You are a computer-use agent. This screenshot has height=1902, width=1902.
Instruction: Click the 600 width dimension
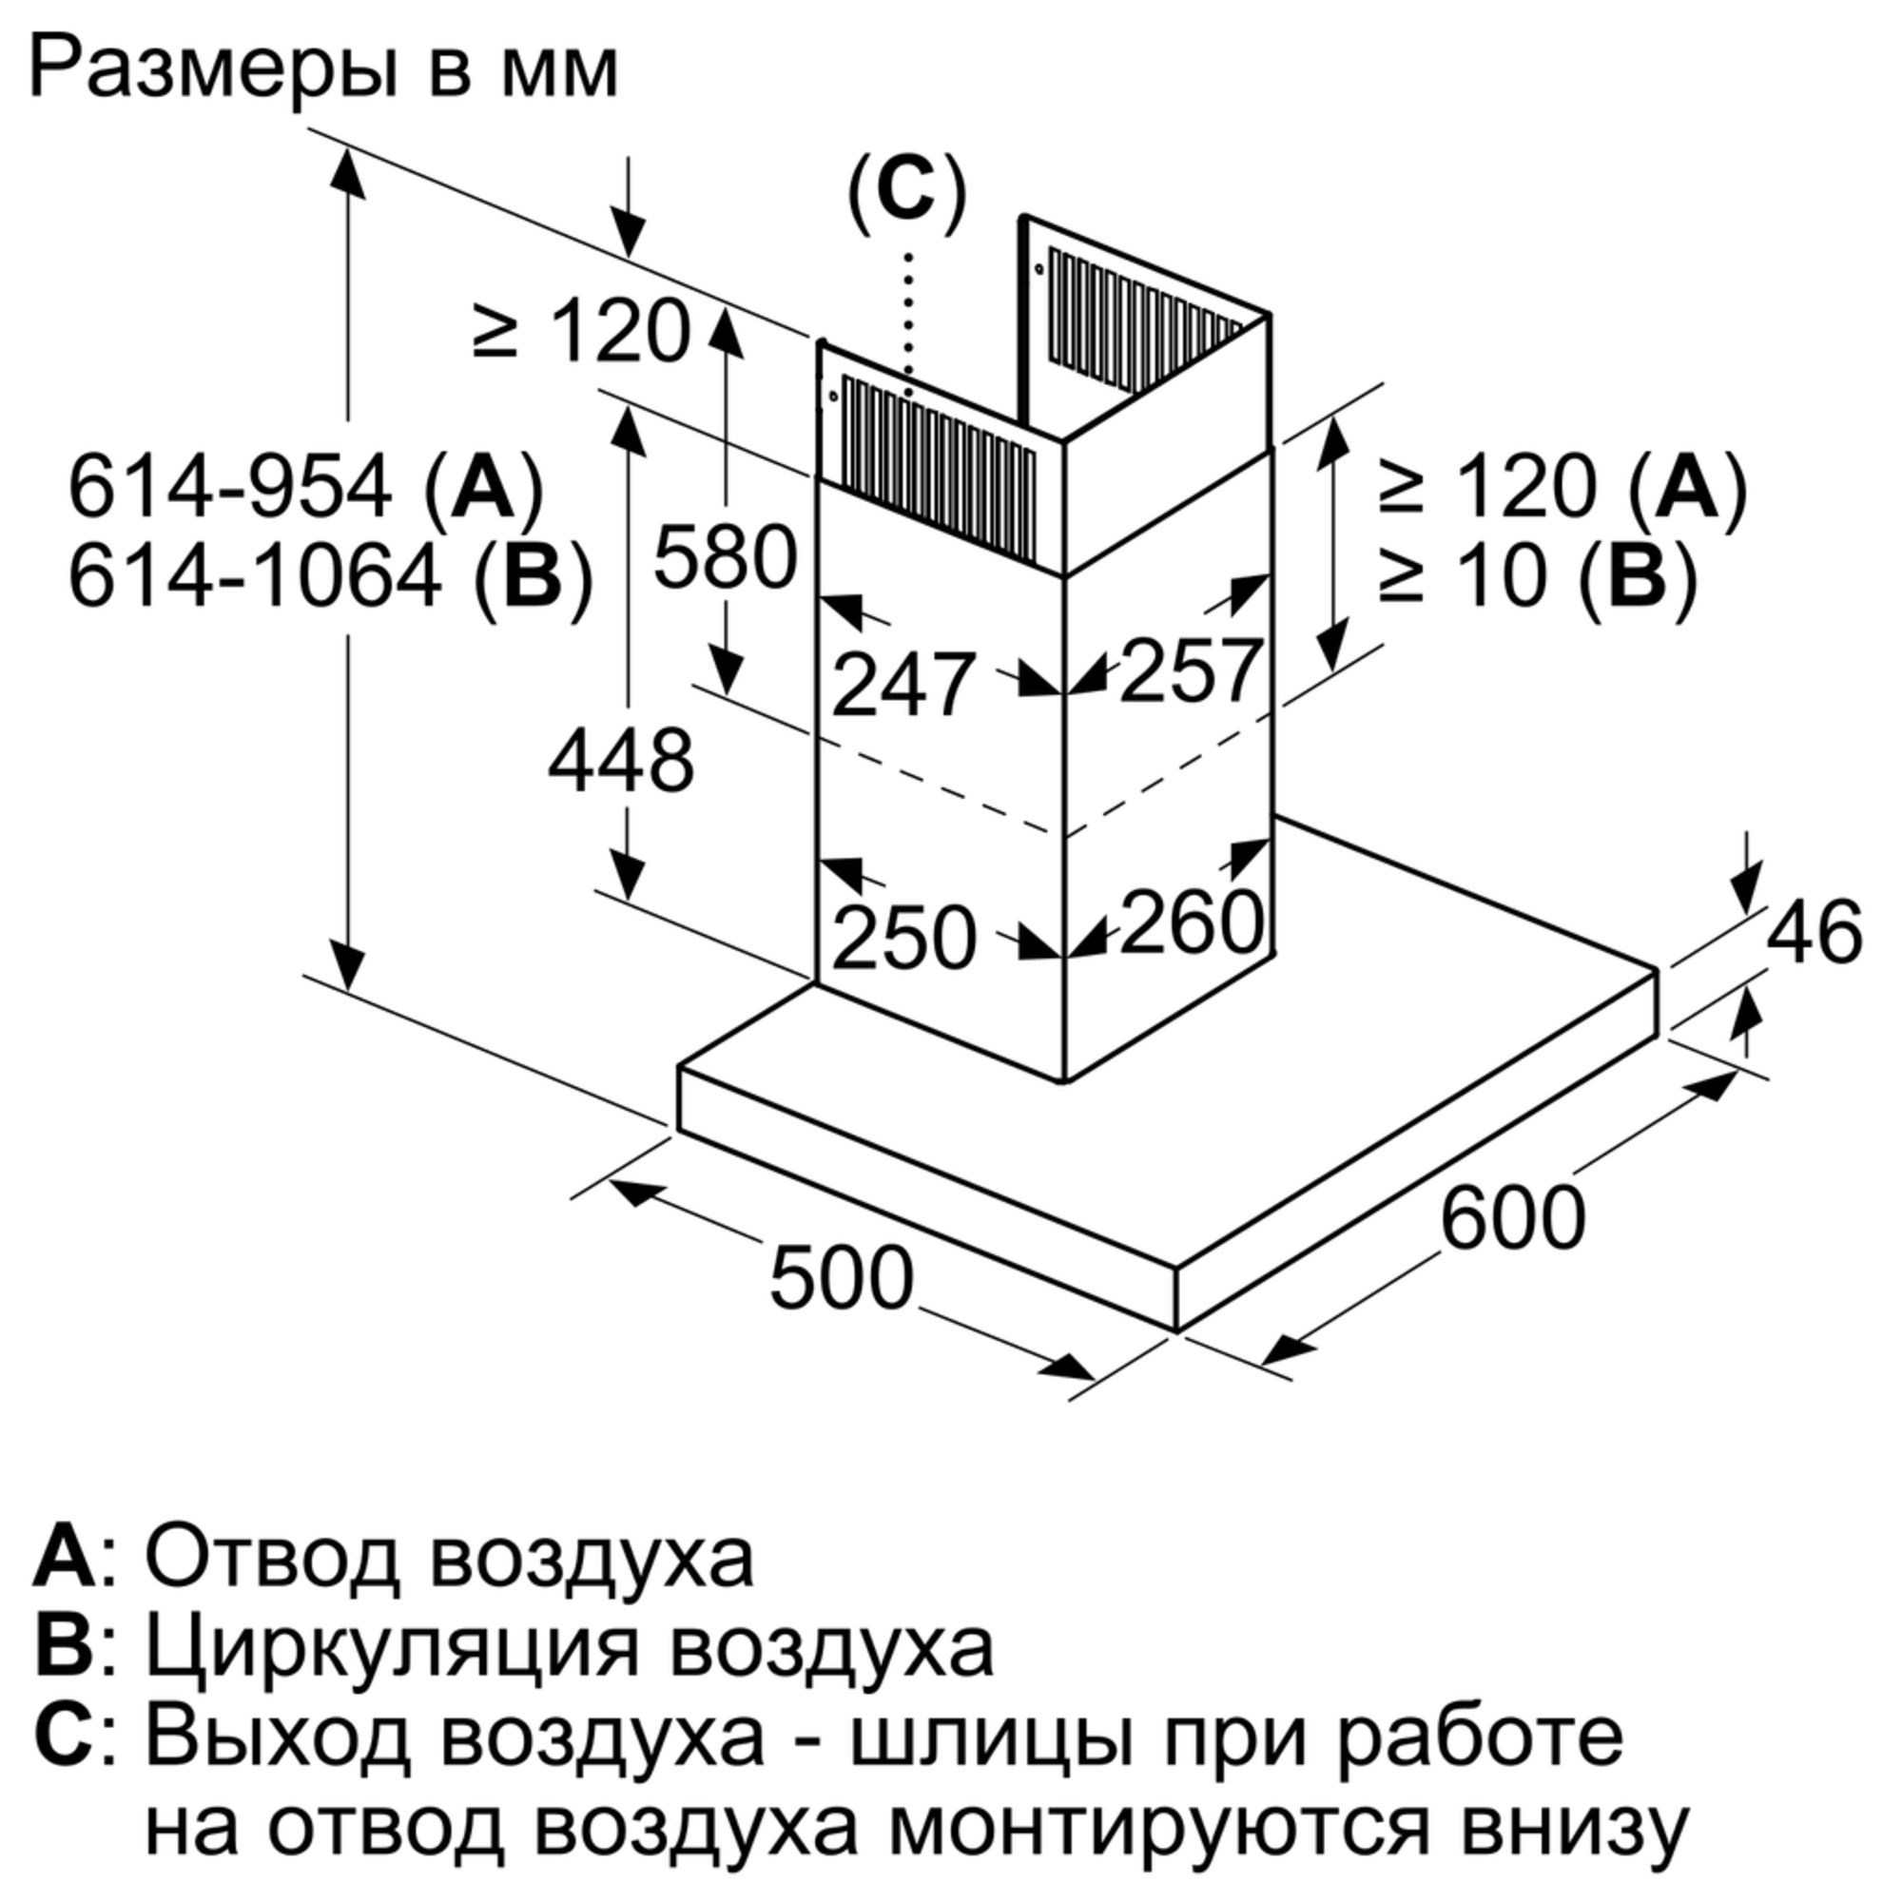(1512, 1218)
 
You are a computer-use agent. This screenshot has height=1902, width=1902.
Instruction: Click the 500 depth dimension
(841, 1279)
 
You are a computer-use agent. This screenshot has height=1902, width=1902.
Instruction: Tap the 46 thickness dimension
(1815, 931)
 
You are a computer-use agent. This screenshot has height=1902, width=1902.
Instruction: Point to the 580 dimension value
(725, 557)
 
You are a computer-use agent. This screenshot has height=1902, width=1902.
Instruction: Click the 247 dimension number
(903, 683)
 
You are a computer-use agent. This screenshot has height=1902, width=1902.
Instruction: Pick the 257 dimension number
(1191, 670)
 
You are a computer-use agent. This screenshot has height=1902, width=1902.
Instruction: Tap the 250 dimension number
(903, 938)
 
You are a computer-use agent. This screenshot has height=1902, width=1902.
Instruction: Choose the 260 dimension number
(1191, 922)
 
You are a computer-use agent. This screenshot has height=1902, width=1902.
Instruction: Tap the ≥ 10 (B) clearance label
(1539, 576)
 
